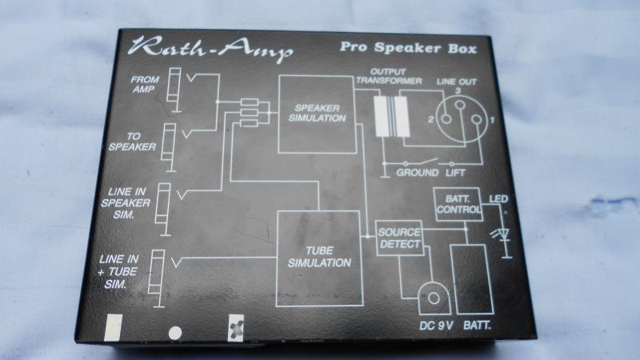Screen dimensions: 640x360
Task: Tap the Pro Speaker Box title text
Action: click(408, 48)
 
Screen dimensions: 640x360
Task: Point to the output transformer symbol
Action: click(392, 117)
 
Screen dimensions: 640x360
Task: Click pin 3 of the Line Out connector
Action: click(459, 106)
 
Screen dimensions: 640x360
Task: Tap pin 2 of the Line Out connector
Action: click(446, 119)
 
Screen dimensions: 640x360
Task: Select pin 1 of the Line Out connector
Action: click(476, 119)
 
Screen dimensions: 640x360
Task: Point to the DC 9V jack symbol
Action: click(434, 298)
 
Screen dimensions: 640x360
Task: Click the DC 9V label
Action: click(436, 326)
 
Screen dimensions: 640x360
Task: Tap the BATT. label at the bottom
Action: click(477, 326)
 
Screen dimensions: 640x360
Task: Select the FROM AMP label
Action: click(145, 85)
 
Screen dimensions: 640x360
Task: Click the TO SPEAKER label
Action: click(132, 142)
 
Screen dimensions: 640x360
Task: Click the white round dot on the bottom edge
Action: click(175, 333)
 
